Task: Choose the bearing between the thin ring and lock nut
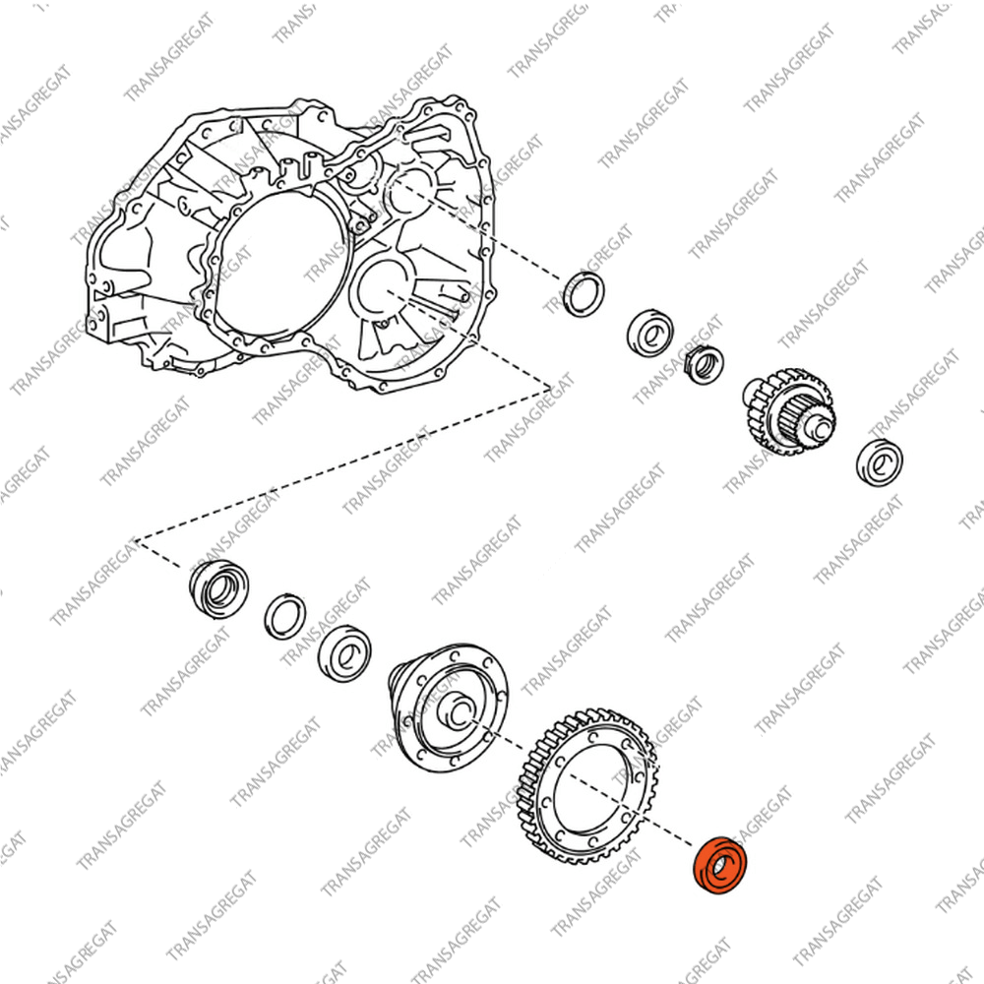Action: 650,334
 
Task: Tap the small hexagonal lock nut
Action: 703,365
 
